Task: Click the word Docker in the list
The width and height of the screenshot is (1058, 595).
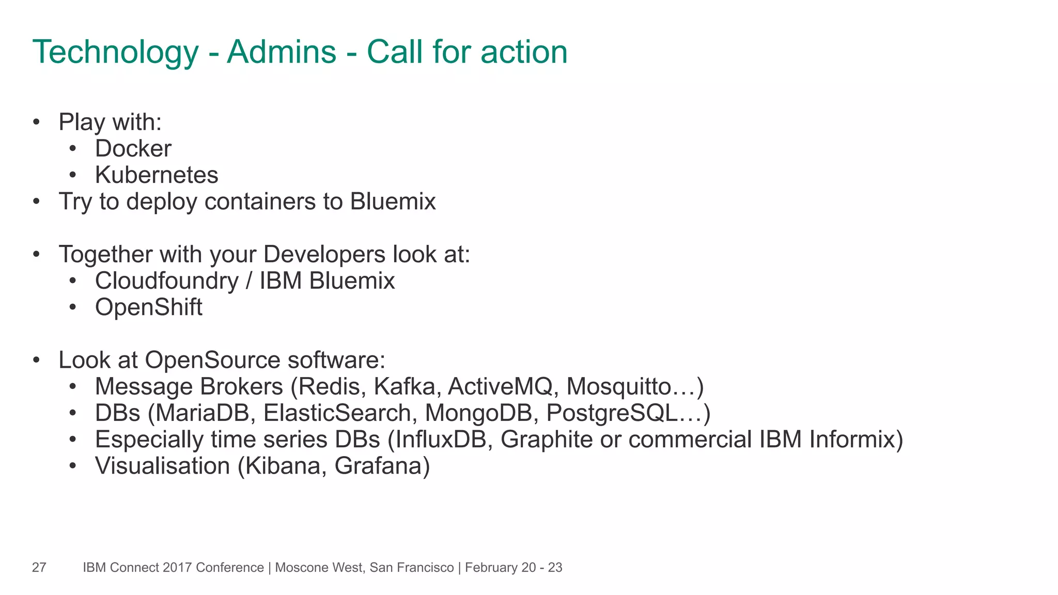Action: (x=133, y=149)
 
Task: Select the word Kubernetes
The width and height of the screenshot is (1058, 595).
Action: (x=157, y=175)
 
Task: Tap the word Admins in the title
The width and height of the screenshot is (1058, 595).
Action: (x=282, y=52)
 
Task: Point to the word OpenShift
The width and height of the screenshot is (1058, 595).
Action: (x=148, y=307)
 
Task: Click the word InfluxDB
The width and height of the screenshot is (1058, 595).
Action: (x=442, y=440)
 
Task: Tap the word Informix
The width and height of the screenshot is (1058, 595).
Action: (x=852, y=440)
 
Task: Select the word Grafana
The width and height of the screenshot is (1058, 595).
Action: (x=378, y=466)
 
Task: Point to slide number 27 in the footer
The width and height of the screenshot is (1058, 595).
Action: (x=39, y=568)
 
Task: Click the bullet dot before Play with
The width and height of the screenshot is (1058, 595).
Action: (x=36, y=122)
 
